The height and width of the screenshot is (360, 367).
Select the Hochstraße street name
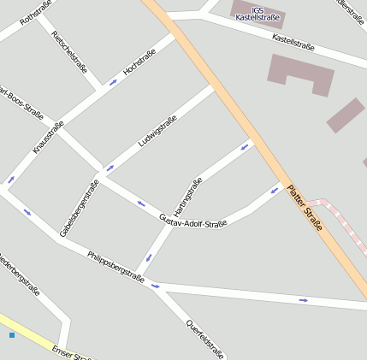tap(139, 62)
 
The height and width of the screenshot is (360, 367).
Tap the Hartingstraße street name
tap(187, 196)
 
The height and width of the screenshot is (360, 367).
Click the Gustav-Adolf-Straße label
tap(193, 221)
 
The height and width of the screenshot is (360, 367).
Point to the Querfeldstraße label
tap(205, 338)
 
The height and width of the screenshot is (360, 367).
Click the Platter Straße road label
tap(305, 209)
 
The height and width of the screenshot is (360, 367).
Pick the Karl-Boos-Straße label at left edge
tap(21, 101)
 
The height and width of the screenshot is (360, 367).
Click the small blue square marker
tap(12, 335)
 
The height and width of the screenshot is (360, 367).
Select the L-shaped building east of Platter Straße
tap(299, 74)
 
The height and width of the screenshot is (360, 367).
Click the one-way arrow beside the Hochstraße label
tap(114, 83)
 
